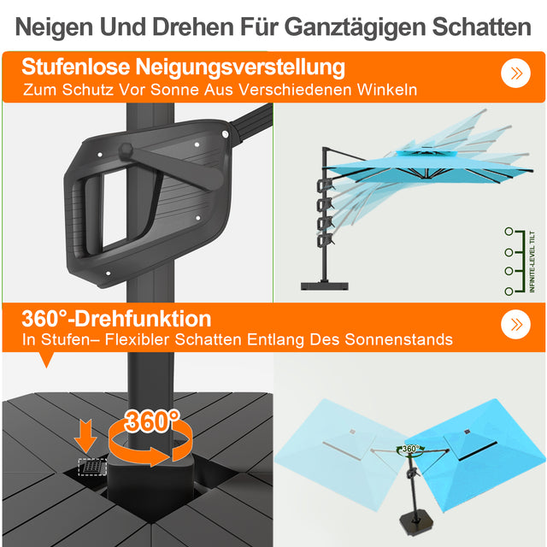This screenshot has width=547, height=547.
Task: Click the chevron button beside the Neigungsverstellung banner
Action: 515,73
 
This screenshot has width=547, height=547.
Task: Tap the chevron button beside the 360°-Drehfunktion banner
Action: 515,324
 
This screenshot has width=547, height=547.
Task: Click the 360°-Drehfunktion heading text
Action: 117,319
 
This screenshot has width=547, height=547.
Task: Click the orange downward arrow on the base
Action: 85,435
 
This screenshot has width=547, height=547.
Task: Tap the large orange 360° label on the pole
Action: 151,421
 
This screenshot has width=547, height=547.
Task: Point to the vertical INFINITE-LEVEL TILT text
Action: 532,262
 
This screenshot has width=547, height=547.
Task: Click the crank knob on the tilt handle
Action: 125,150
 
